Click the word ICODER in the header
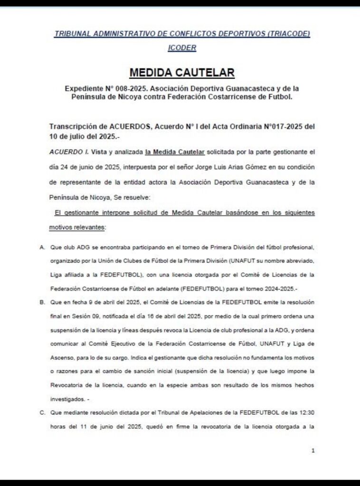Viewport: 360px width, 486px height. (182, 48)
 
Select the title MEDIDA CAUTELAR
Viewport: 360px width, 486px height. (182, 73)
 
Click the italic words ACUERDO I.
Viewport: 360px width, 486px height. (66, 152)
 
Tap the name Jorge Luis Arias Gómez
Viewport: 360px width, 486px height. (219, 167)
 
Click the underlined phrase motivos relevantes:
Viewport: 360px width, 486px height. (77, 227)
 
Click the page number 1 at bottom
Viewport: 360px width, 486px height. (313, 450)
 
